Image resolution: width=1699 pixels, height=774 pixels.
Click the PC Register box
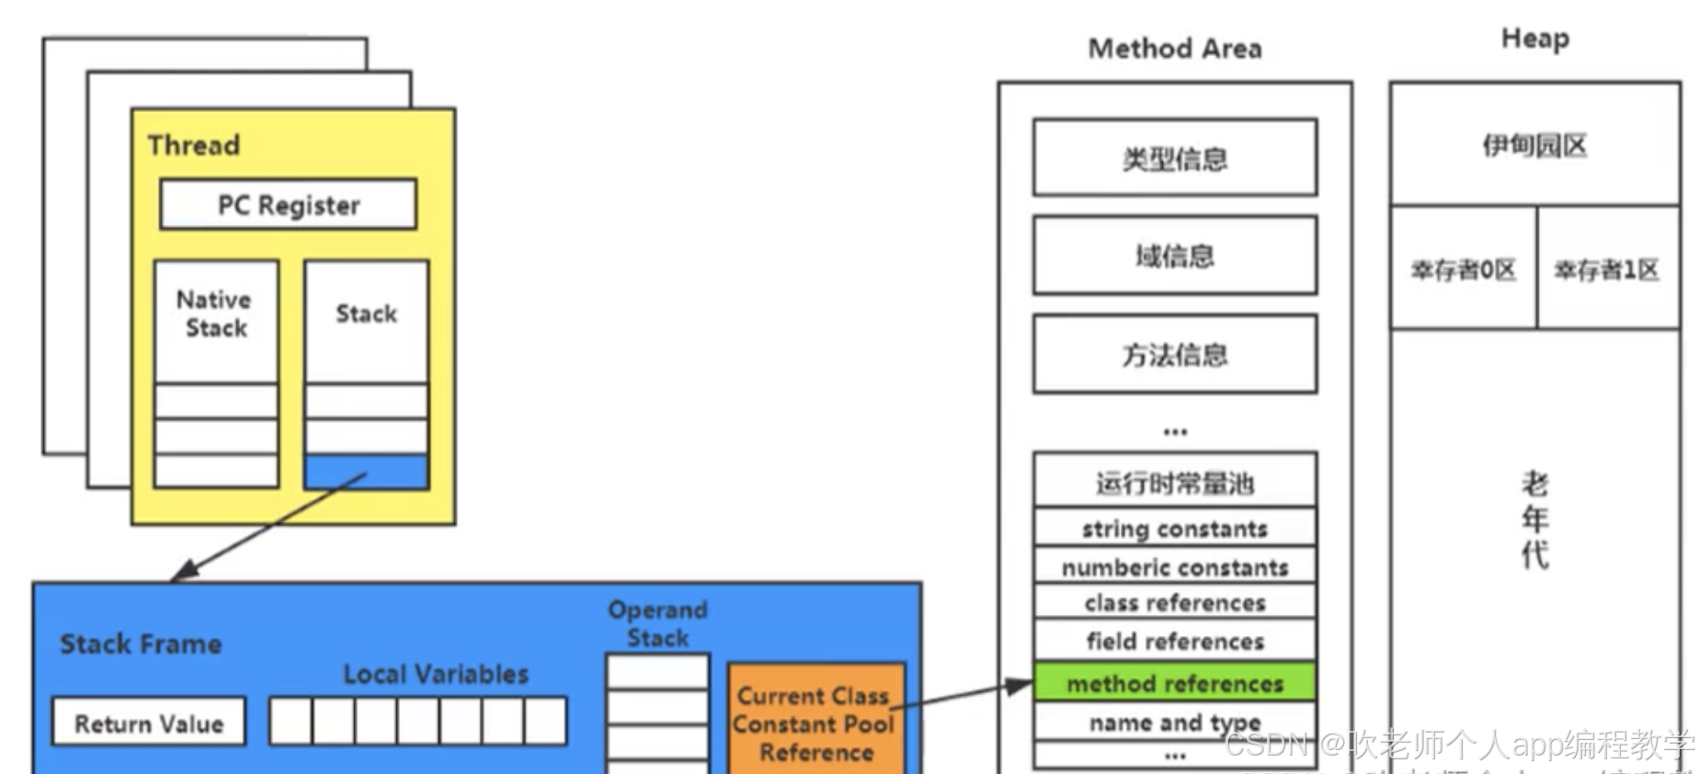coord(288,204)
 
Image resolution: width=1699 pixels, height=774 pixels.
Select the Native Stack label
coord(215,313)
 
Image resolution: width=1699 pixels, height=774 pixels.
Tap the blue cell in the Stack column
coord(366,472)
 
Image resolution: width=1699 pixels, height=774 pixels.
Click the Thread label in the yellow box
coord(194,145)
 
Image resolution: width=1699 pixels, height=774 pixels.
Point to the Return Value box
coord(149,723)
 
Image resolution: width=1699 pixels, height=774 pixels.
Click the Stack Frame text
coord(141,643)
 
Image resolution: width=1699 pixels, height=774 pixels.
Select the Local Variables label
coord(436,674)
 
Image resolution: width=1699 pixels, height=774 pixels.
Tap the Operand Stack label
coord(657,623)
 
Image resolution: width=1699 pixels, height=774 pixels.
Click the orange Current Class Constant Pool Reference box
coord(815,723)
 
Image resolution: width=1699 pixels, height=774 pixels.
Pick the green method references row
coord(1174,683)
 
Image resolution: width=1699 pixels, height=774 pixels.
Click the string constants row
coord(1174,529)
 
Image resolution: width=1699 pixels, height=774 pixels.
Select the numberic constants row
coord(1174,567)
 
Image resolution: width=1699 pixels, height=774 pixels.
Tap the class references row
coord(1174,603)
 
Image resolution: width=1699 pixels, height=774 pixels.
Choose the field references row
coord(1174,641)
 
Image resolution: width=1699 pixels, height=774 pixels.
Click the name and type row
coord(1174,723)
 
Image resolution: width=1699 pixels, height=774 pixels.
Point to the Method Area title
coord(1174,48)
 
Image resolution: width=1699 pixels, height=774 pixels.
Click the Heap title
coord(1534,39)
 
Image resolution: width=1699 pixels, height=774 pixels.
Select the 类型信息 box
coord(1174,158)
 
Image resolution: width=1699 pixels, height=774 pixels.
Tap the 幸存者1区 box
coord(1607,268)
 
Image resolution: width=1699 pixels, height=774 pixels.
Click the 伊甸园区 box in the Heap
coord(1534,145)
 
